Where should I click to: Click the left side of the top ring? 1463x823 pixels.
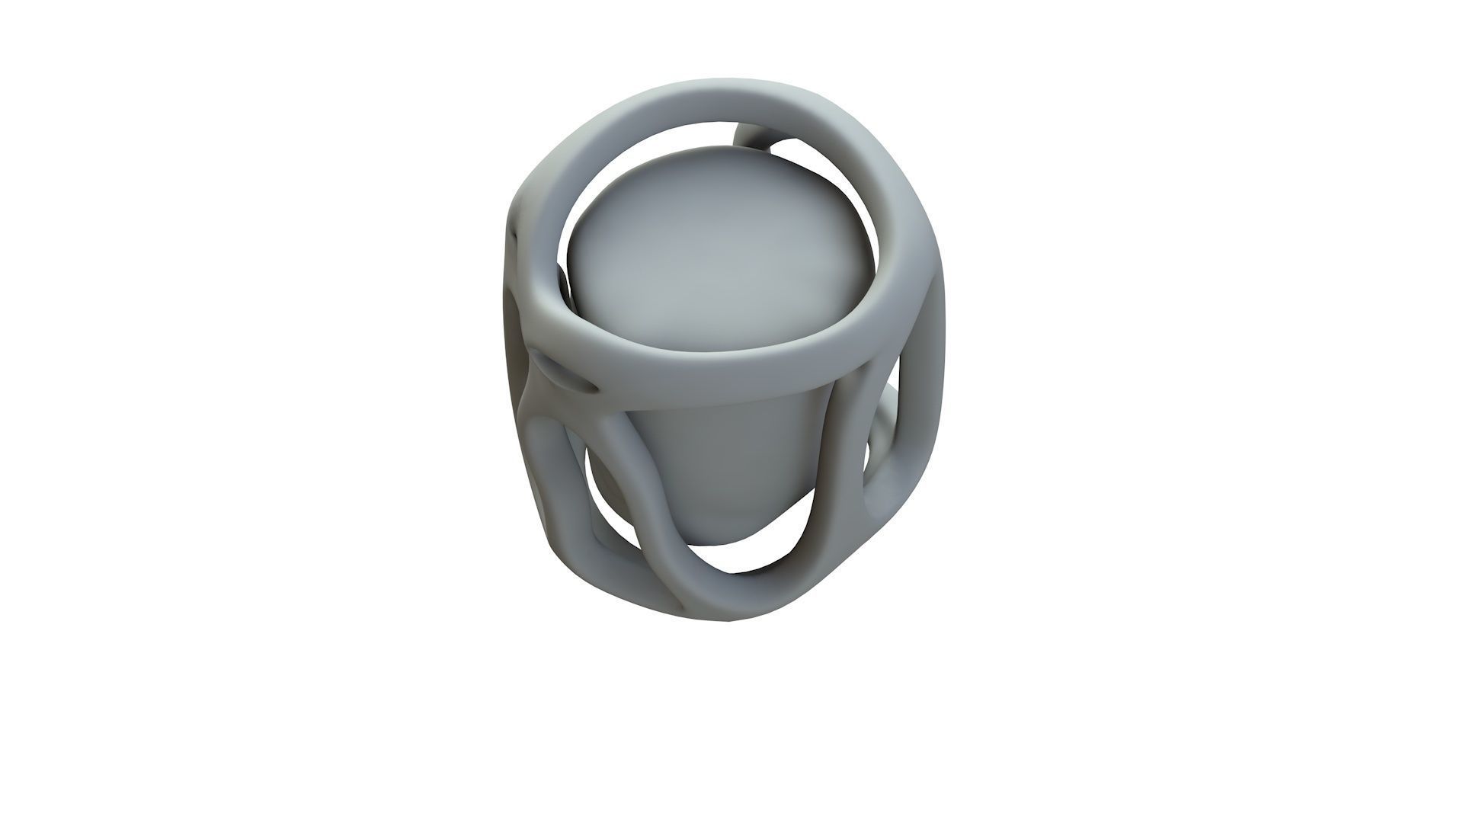pos(545,251)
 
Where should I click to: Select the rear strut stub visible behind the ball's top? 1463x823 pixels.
pos(754,137)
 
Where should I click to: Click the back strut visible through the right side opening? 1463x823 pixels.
pos(884,427)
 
